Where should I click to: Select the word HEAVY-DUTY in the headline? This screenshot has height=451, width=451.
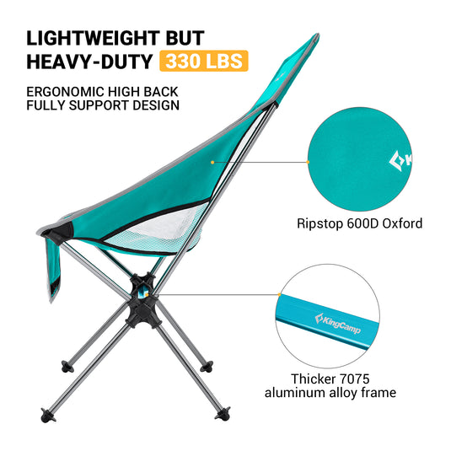point(87,62)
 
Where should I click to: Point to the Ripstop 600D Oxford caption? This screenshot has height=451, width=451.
point(358,223)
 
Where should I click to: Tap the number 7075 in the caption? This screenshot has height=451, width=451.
point(357,379)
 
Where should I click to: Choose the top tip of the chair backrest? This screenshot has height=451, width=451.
point(314,37)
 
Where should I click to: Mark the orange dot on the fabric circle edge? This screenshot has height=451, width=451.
point(308,162)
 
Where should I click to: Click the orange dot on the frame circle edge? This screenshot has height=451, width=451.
point(279,294)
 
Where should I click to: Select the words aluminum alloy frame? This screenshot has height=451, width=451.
point(330,393)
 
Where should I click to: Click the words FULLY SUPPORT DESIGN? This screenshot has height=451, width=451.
point(102,105)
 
